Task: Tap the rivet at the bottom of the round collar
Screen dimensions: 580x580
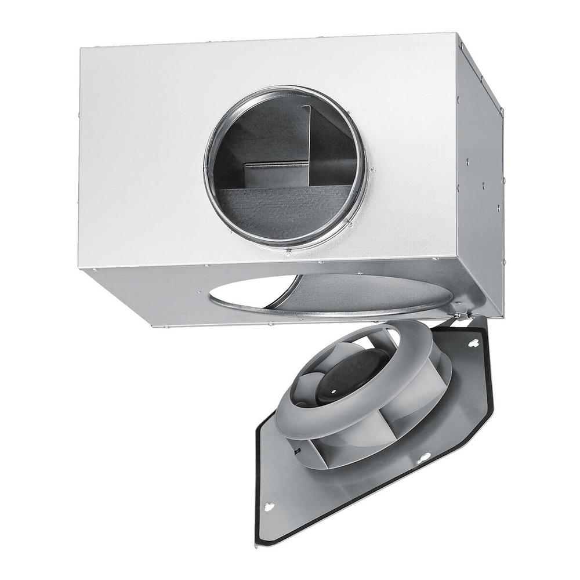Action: click(x=288, y=252)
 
